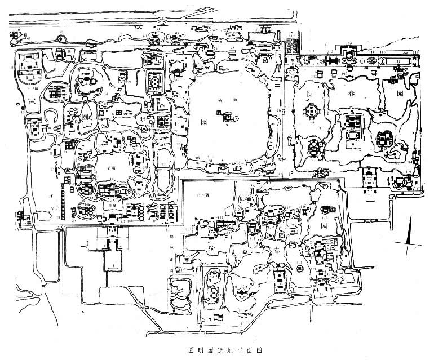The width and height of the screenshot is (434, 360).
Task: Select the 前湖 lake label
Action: pos(104,207)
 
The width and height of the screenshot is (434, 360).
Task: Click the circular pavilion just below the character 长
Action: pos(311,112)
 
